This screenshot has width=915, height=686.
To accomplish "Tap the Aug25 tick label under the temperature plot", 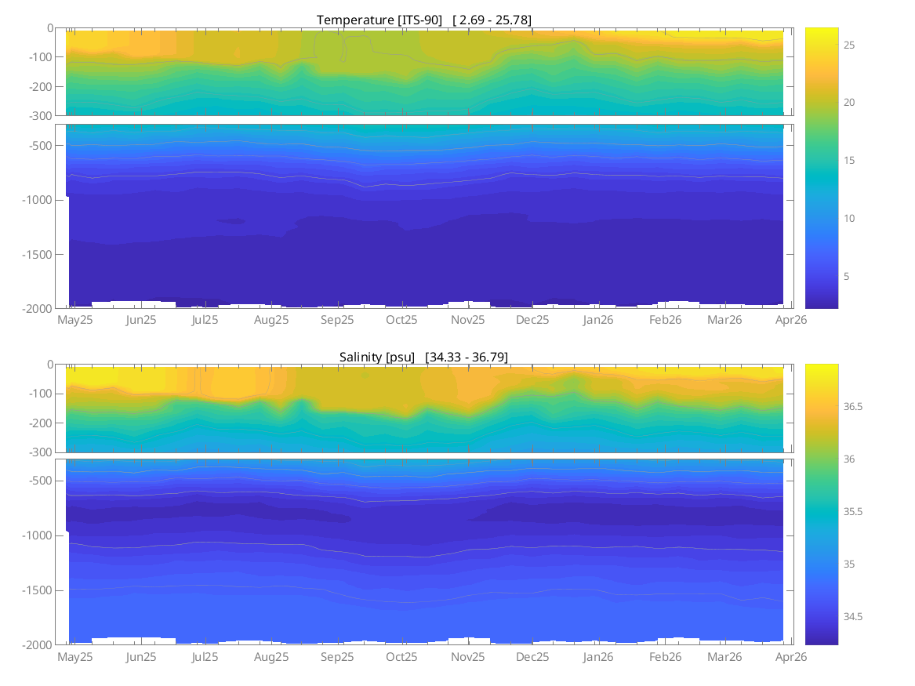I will tap(272, 320).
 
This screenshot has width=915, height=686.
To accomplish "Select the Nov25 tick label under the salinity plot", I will tap(467, 657).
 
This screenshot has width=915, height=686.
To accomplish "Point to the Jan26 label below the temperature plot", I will tap(598, 320).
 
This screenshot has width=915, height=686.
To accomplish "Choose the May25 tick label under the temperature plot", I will tap(75, 320).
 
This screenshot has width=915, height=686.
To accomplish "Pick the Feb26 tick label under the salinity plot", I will tap(665, 657).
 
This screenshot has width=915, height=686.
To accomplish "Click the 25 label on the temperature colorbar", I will tap(827, 45).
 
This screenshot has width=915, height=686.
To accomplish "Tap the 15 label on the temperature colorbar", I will tap(827, 161).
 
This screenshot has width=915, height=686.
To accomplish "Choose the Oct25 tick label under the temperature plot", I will tap(401, 320).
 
